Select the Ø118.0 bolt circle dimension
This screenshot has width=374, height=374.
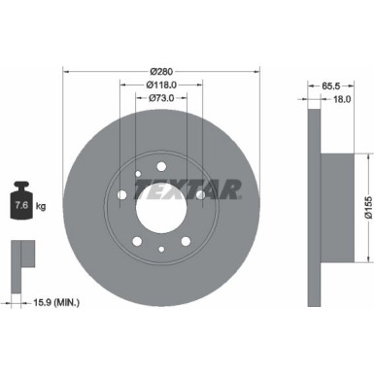(x=161, y=85)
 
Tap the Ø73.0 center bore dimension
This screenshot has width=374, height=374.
(x=161, y=98)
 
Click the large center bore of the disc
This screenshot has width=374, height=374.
(x=160, y=207)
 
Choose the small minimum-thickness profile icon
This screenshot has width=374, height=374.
(x=21, y=255)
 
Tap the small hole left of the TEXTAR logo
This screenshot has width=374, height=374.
(x=140, y=178)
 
